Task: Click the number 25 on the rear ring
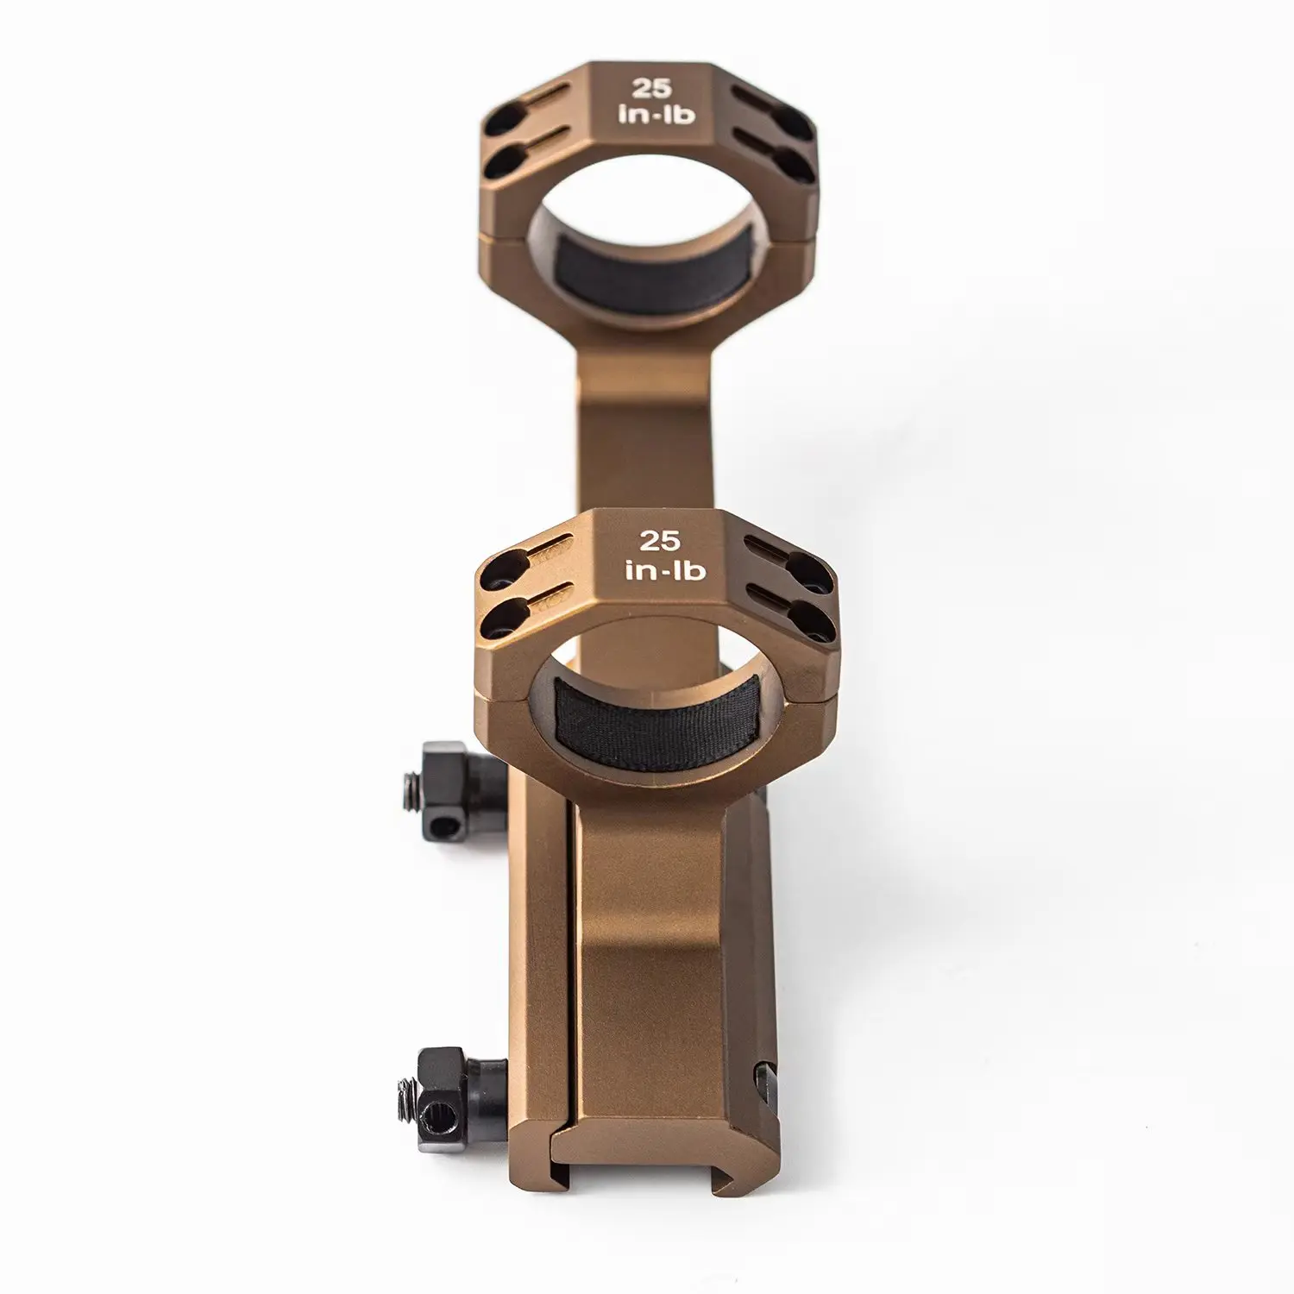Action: pos(646,88)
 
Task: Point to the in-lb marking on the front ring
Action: pos(653,569)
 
